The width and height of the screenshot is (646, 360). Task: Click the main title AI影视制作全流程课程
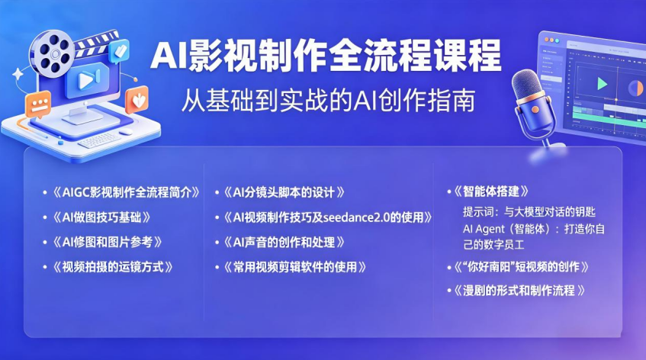point(326,56)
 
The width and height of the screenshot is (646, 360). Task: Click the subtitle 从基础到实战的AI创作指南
point(329,100)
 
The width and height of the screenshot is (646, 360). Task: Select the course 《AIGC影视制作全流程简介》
point(127,192)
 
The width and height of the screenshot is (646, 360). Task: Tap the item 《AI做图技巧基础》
point(101,217)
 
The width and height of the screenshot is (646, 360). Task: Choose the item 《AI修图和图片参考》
point(107,243)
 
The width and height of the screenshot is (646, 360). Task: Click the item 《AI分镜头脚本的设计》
point(284,192)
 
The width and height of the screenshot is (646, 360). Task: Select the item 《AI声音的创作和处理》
point(284,243)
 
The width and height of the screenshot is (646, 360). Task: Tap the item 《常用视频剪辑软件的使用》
point(295,267)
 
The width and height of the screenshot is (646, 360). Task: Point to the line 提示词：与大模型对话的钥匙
point(529,212)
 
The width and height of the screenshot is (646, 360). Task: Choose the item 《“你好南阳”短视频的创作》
point(521,267)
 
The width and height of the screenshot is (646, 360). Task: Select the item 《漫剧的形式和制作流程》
point(519,291)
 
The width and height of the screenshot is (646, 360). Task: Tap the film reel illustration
point(54,53)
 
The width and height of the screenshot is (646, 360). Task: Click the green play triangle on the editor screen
point(602,84)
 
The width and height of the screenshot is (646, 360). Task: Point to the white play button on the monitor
point(86,80)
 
